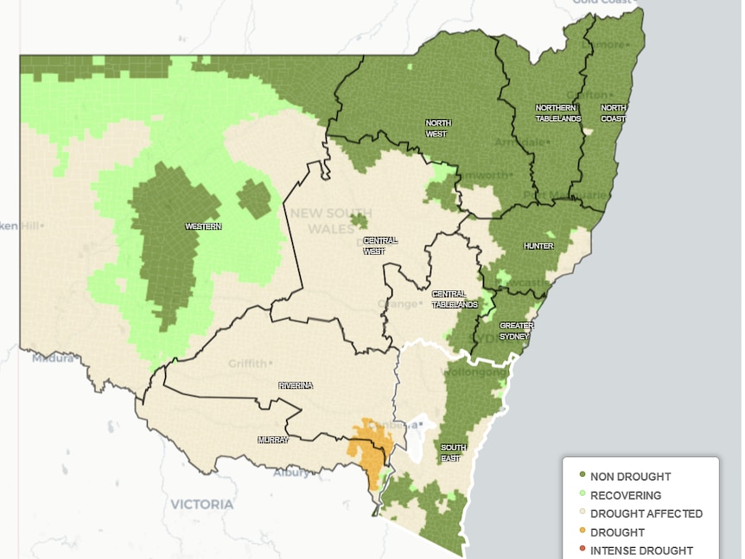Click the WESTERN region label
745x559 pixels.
pos(203,226)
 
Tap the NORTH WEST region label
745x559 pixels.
pos(437,129)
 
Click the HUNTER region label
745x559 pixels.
pos(538,246)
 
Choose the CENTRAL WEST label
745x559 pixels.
pos(380,245)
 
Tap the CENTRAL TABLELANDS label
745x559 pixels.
pos(455,299)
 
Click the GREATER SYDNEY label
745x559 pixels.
pos(517,331)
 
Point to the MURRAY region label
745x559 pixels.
pos(274,440)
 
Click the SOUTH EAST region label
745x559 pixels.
pos(453,452)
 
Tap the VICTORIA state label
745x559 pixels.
pos(201,504)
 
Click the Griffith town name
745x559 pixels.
pos(248,364)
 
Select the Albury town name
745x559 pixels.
pos(290,473)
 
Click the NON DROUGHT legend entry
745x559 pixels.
pos(630,476)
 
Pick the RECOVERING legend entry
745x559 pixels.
pos(626,495)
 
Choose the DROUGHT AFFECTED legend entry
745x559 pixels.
pos(646,513)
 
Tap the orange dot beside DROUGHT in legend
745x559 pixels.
pos(582,532)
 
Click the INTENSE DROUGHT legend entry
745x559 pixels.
pos(640,550)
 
